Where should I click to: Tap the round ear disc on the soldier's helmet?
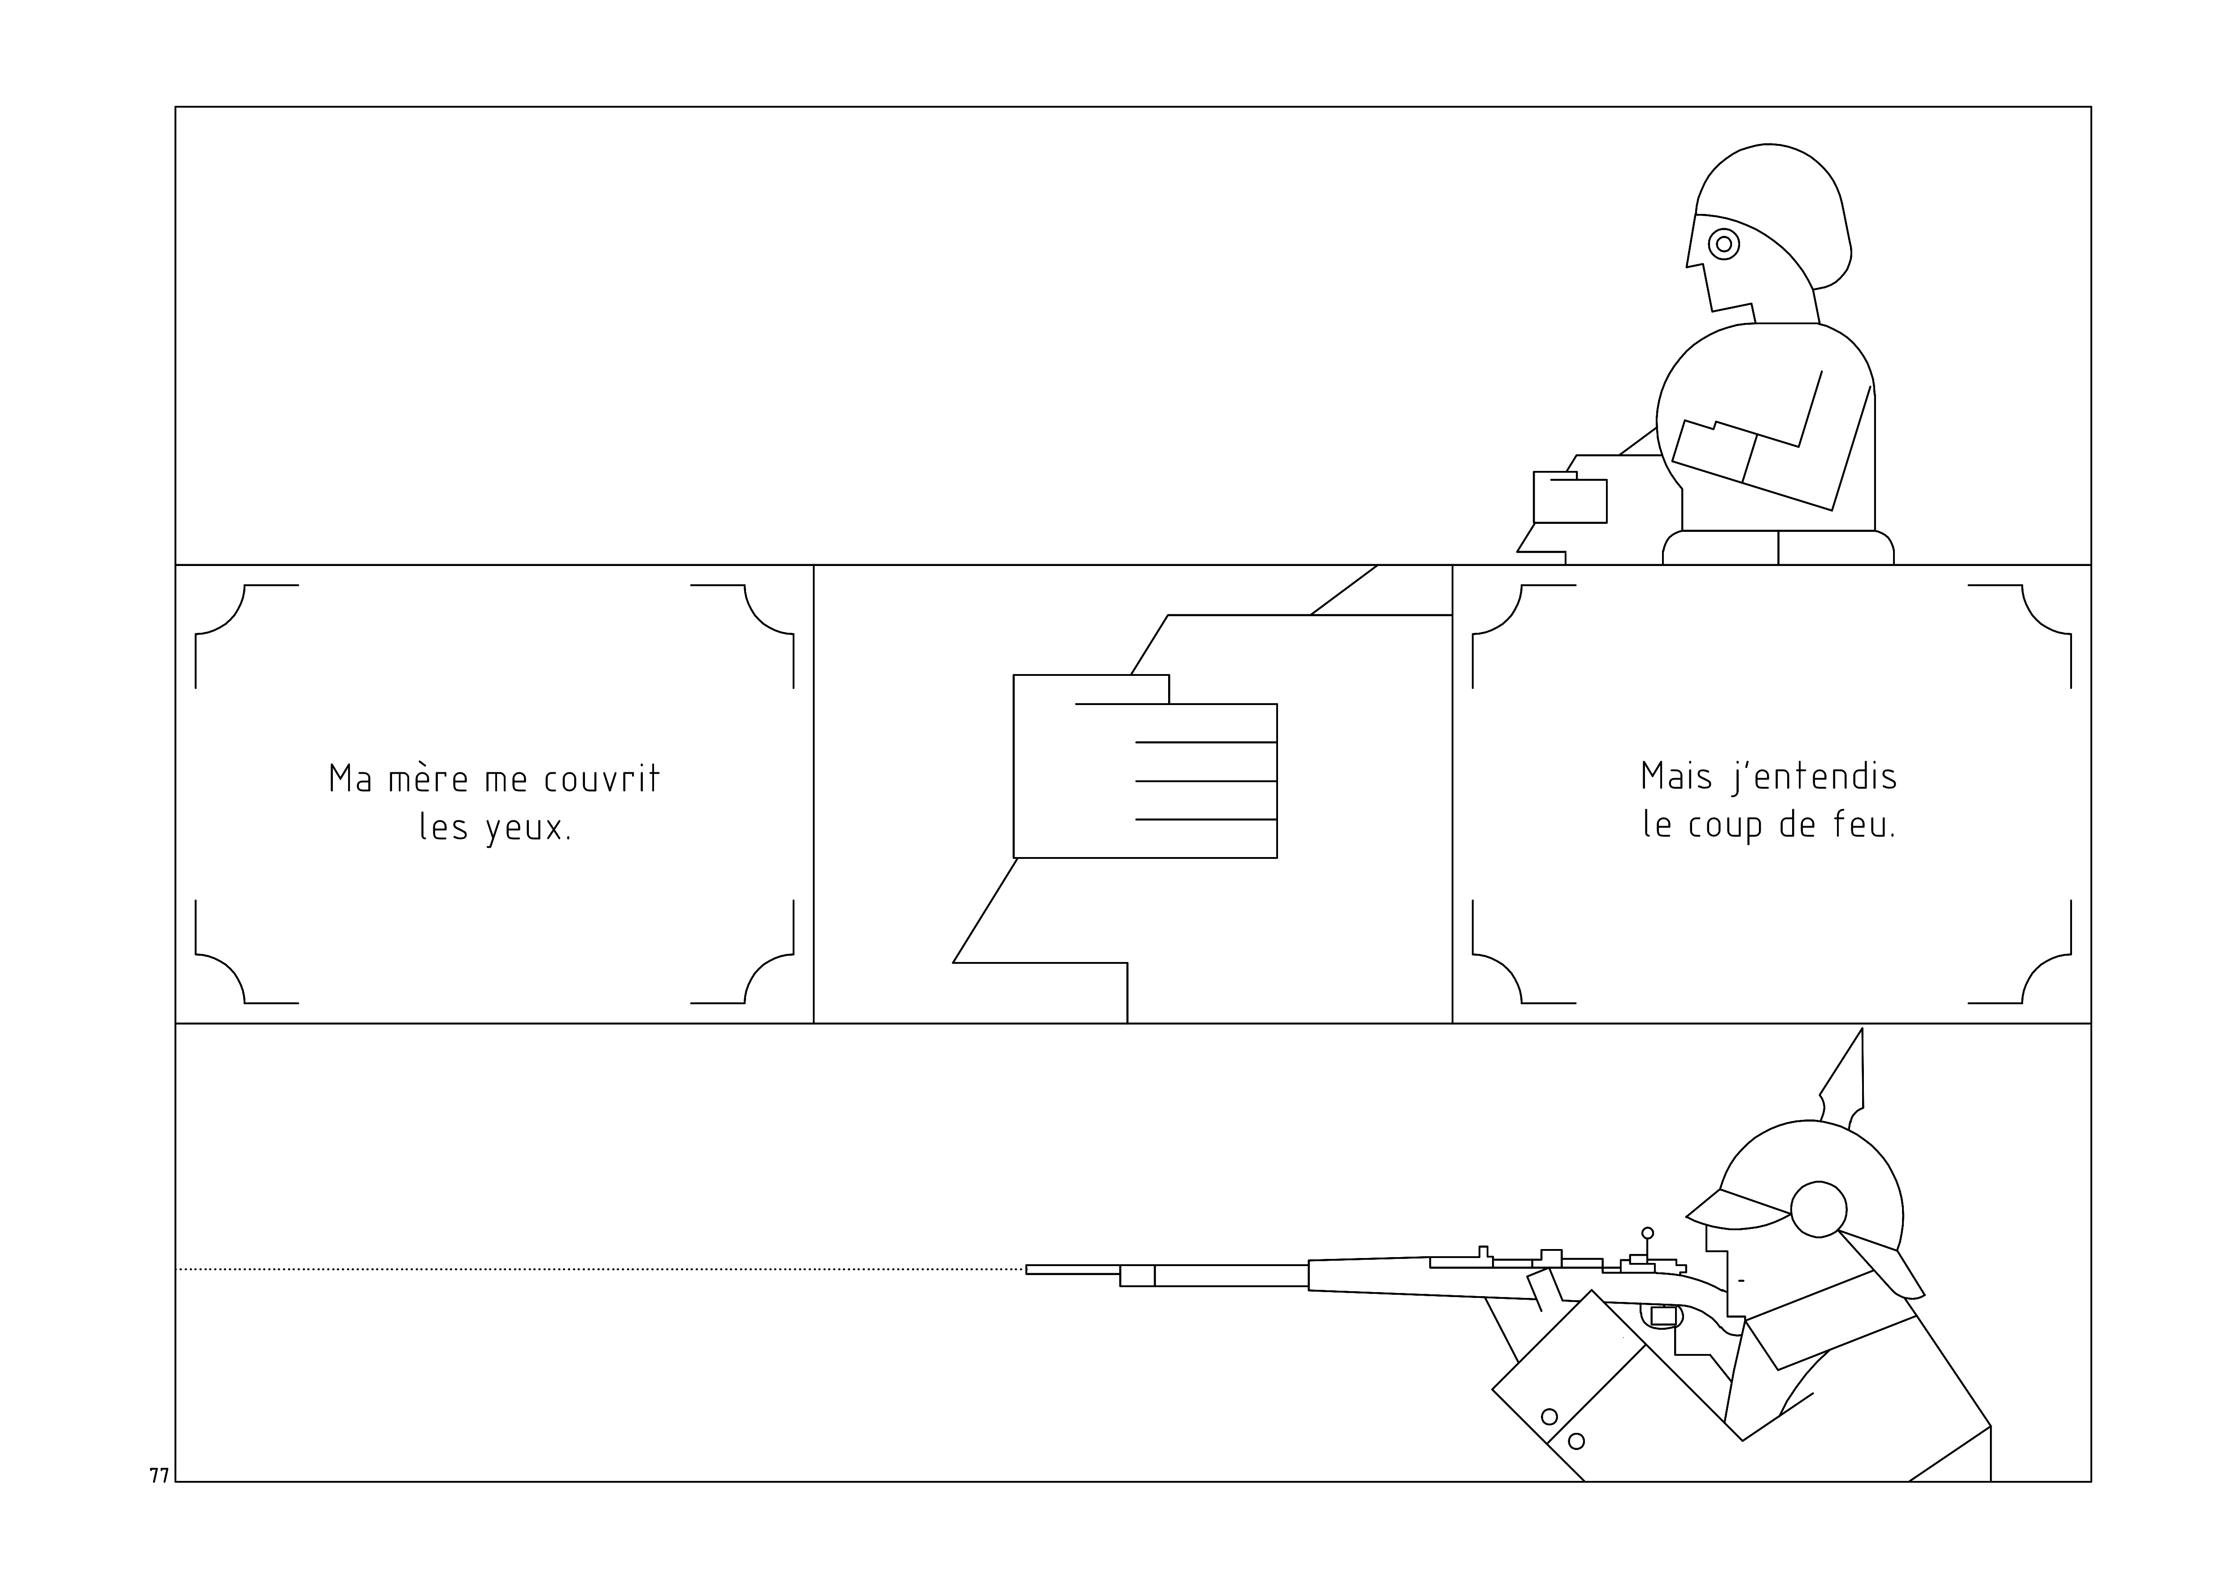(x=1819, y=1210)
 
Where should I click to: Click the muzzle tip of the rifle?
(x=1027, y=1270)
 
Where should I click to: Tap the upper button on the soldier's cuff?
(x=1549, y=1417)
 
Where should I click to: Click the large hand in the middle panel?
(x=1145, y=766)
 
